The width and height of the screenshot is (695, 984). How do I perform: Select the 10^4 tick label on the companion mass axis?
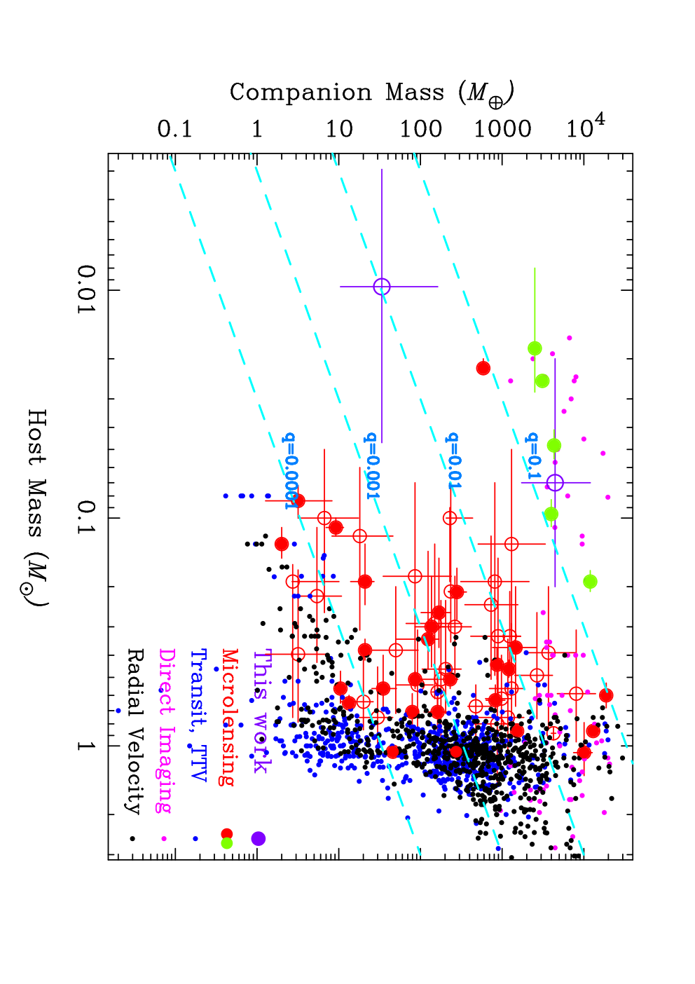[x=585, y=126]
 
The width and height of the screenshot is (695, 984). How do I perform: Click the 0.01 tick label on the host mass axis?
[x=86, y=289]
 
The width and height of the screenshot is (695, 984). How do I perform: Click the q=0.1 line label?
[x=532, y=456]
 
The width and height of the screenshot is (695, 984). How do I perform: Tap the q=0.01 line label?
[x=452, y=460]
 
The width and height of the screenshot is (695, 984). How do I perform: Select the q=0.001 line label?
[x=371, y=465]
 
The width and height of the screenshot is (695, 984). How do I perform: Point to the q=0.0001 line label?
[x=290, y=470]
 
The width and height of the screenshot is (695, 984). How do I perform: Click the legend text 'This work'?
[x=263, y=711]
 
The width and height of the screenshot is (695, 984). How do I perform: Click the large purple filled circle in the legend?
[x=258, y=838]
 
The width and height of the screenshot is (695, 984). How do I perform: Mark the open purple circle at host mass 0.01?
[x=382, y=287]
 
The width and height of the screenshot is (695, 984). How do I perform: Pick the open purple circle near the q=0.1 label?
[x=555, y=482]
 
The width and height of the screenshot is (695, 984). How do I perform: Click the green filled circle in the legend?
[x=226, y=843]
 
